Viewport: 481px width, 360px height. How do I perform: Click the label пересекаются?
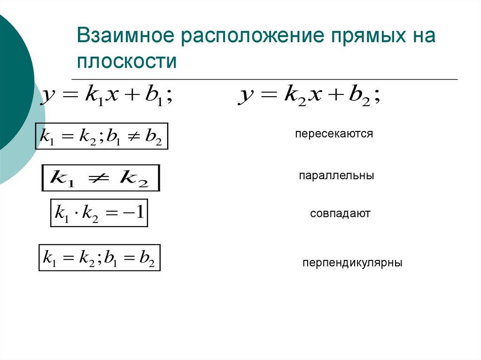tap(334, 134)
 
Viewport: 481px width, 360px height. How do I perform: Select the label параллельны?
tap(336, 176)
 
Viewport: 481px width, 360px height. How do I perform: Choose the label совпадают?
tap(340, 214)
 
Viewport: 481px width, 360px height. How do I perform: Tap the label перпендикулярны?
tap(352, 262)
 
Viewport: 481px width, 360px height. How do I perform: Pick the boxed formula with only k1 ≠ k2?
tap(101, 178)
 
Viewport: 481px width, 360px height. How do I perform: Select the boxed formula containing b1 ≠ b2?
tap(102, 136)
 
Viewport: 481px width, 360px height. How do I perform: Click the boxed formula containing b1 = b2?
tap(99, 258)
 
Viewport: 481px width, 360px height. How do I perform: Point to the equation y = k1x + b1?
tap(109, 96)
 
